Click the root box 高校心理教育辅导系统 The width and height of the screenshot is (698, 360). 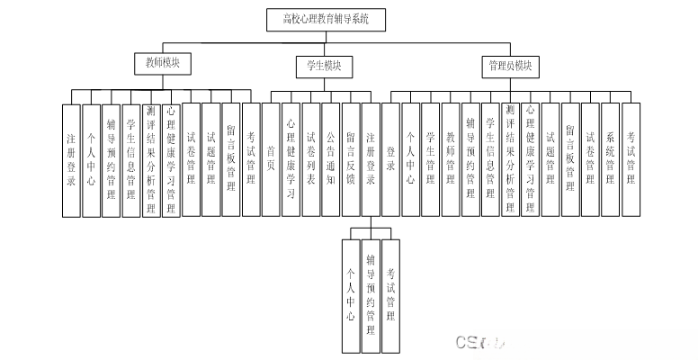point(327,18)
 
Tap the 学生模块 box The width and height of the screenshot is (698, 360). point(324,66)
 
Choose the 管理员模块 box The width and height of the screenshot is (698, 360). point(508,66)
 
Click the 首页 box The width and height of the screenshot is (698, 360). point(271,159)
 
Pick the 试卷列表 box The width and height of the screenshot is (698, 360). point(310,159)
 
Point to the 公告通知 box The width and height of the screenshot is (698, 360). point(330,159)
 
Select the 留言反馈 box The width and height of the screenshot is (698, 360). point(350,159)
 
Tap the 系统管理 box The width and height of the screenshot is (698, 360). point(611,159)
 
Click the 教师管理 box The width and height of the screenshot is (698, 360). point(451,159)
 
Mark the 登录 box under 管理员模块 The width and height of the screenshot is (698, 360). point(390,159)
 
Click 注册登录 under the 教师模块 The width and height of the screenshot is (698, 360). point(71,159)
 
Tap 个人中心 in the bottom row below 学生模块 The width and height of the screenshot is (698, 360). point(350,296)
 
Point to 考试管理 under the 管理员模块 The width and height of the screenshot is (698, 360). point(631,159)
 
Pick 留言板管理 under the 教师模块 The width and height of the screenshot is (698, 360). point(231,159)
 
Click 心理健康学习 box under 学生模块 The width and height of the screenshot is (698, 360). point(291,159)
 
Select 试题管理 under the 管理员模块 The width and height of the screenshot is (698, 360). point(550,159)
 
